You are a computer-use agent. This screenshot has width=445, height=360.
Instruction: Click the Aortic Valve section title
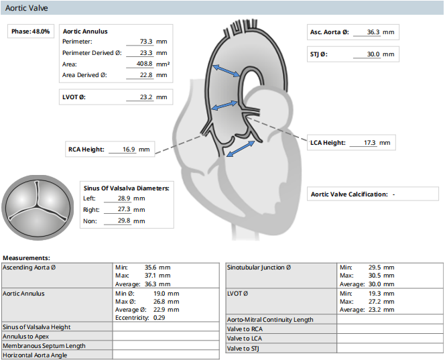click(x=26, y=8)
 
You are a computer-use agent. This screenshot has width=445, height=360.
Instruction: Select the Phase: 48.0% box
click(x=31, y=32)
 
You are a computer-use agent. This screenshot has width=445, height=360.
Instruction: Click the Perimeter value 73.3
click(x=146, y=42)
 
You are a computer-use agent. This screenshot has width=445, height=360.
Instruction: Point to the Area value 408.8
click(x=145, y=64)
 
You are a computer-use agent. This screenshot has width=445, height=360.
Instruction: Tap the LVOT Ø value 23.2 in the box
click(x=146, y=97)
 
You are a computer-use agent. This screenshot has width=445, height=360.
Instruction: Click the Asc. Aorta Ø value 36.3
click(x=373, y=32)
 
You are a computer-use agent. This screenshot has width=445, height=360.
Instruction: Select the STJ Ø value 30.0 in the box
click(x=373, y=54)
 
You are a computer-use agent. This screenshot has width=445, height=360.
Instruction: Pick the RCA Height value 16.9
click(x=129, y=149)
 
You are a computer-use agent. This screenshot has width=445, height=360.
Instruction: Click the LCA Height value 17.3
click(x=370, y=143)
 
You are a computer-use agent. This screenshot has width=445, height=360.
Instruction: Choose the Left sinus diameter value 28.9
click(x=124, y=198)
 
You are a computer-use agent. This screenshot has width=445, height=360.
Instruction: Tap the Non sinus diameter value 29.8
click(x=124, y=221)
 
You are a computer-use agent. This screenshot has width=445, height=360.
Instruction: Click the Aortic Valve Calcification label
click(x=349, y=194)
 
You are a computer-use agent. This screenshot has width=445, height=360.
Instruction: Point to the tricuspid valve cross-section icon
click(x=38, y=208)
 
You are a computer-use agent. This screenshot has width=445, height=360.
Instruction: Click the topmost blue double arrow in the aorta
click(x=227, y=70)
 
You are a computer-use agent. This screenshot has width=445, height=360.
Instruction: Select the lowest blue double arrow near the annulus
click(x=241, y=148)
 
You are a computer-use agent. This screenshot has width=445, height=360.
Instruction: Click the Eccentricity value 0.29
click(x=160, y=318)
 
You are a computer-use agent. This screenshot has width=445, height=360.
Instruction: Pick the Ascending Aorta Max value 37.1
click(x=151, y=276)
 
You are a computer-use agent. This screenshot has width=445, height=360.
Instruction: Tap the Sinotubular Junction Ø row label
click(x=259, y=267)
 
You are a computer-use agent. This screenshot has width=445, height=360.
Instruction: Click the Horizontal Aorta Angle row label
click(x=35, y=355)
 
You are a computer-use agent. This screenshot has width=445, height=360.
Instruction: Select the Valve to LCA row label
click(x=245, y=339)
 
